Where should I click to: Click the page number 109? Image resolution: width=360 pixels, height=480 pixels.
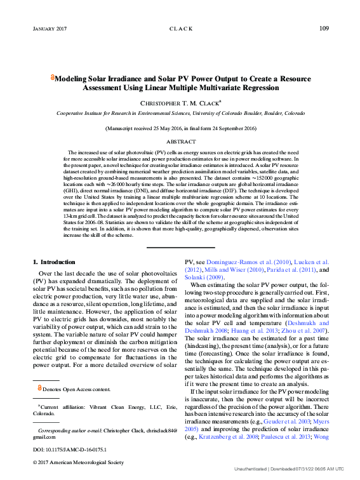click(x=323, y=29)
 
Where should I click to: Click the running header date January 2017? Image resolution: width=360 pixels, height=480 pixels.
click(x=50, y=29)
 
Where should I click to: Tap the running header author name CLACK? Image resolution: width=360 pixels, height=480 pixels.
click(x=180, y=29)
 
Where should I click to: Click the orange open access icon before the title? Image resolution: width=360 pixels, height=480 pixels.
click(x=52, y=79)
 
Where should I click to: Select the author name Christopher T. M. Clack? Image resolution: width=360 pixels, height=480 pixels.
click(x=180, y=102)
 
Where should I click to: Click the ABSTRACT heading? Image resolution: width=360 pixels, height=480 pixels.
click(x=180, y=142)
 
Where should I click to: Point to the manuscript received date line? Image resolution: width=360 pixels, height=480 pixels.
click(x=180, y=128)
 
